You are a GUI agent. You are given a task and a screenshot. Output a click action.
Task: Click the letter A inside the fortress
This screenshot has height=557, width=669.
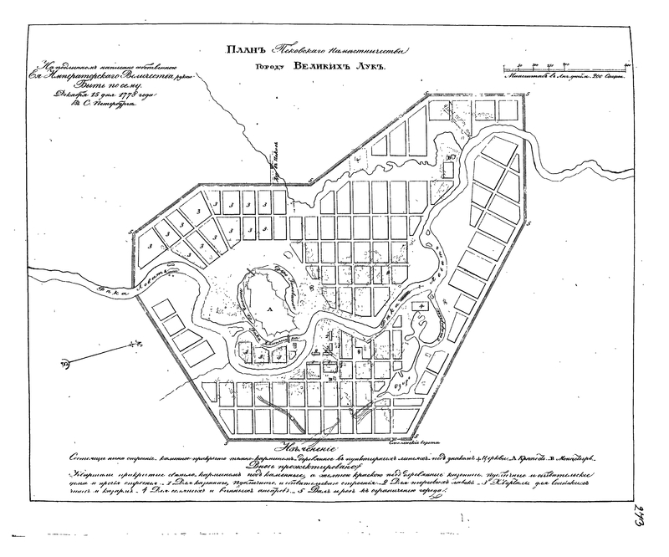coord(269,309)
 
